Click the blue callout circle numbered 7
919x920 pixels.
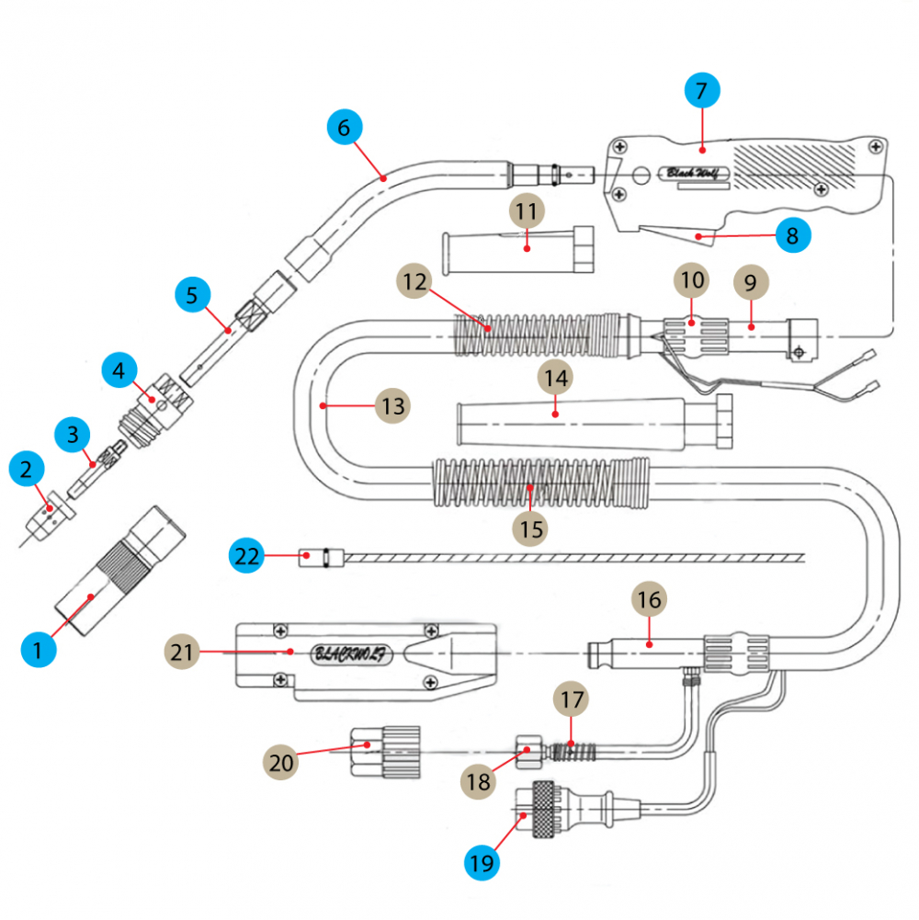(x=702, y=91)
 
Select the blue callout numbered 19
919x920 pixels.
(x=482, y=863)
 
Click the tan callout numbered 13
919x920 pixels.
(x=392, y=405)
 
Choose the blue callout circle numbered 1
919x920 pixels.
(x=38, y=652)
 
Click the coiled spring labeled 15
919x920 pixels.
(x=542, y=484)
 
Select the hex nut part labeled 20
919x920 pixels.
(x=383, y=751)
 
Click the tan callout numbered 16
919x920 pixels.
(x=649, y=601)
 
